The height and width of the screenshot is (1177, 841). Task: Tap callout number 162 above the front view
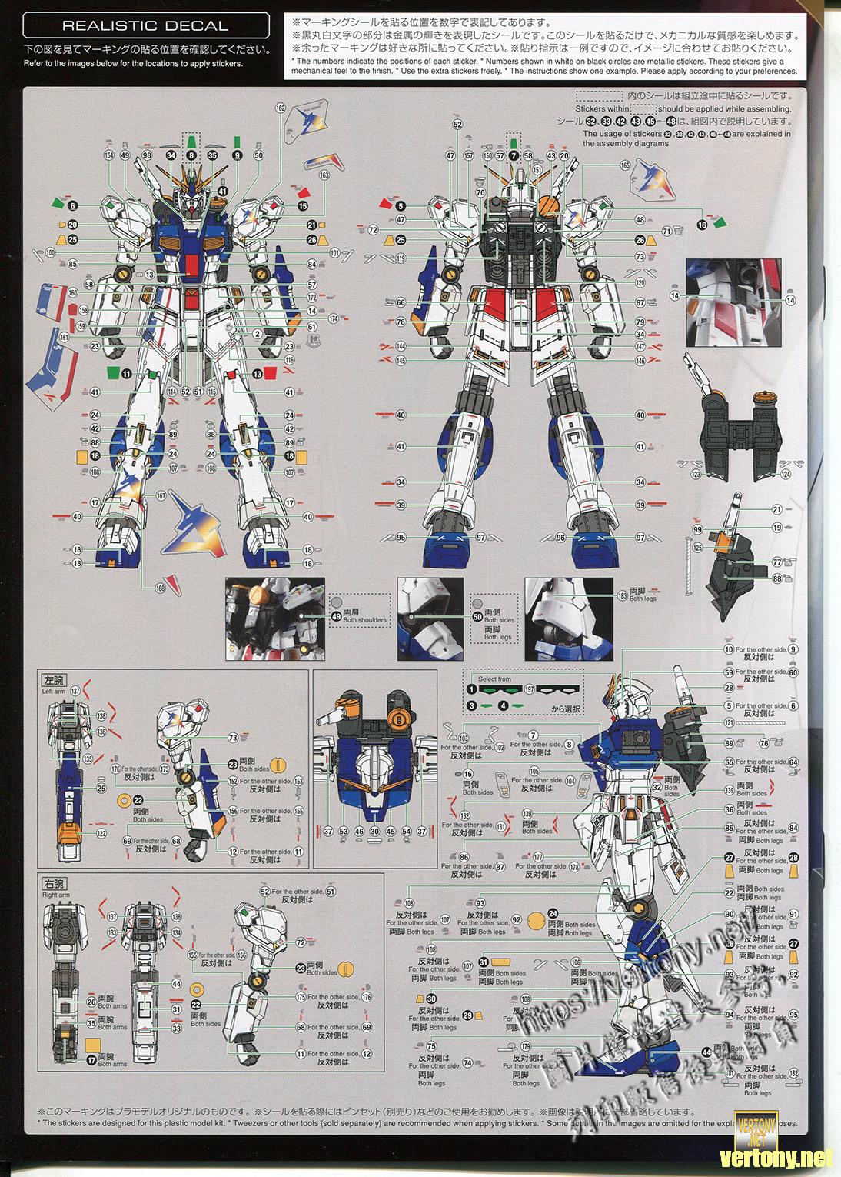[x=280, y=108]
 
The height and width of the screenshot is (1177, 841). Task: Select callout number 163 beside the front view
[x=324, y=175]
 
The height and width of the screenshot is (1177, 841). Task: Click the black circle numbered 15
[x=302, y=206]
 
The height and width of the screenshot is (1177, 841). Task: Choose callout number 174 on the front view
[x=333, y=318]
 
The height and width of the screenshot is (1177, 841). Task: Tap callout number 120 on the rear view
[x=640, y=282]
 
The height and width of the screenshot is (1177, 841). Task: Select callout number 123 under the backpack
[x=696, y=475]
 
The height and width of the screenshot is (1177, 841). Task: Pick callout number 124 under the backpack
[x=785, y=475]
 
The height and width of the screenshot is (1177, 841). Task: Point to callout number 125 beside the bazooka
[x=697, y=548]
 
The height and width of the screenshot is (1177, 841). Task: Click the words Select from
[x=494, y=679]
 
